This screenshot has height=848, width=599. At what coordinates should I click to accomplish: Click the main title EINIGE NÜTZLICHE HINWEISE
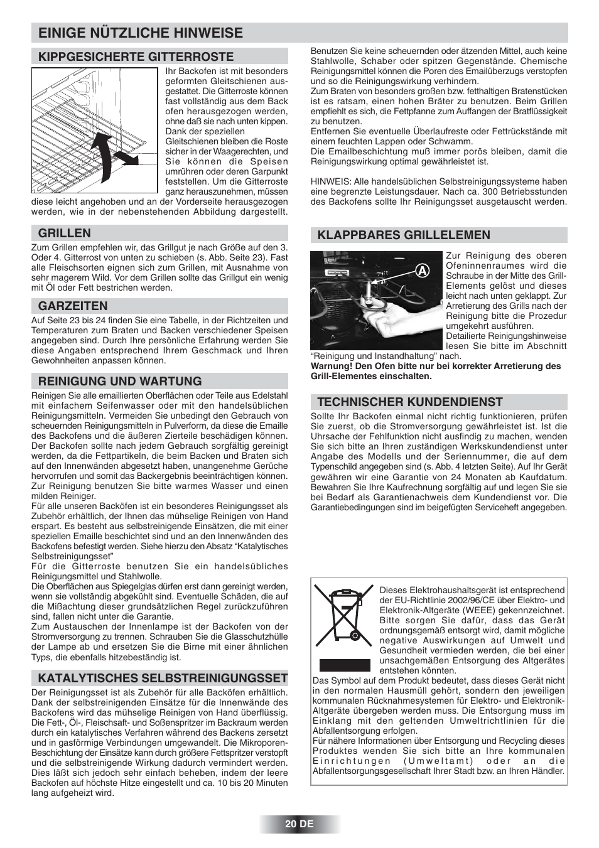[140, 33]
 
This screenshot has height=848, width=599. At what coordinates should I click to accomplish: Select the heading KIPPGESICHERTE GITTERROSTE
[136, 56]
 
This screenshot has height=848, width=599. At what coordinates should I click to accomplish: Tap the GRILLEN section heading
[65, 233]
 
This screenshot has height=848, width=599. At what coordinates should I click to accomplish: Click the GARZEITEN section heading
[73, 306]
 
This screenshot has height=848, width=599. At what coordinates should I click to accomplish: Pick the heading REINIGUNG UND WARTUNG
[120, 381]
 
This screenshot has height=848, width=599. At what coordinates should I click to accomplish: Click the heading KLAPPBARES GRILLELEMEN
[404, 235]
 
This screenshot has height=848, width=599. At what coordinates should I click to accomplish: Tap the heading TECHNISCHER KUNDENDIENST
[410, 402]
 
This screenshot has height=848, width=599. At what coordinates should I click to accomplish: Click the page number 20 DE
[299, 824]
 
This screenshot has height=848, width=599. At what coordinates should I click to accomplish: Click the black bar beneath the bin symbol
[344, 665]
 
